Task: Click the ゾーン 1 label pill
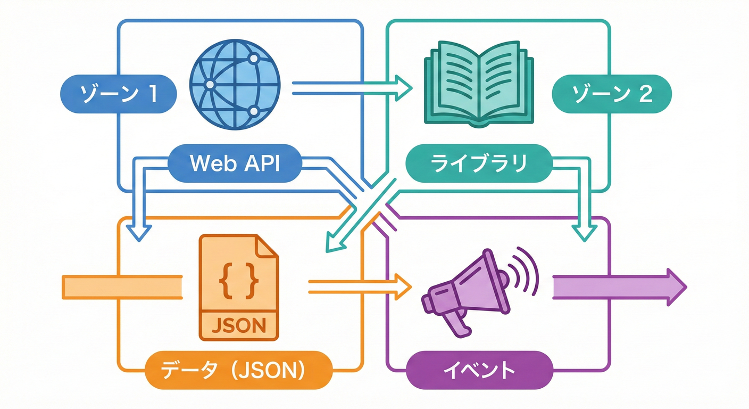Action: click(x=119, y=94)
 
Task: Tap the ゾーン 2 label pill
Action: click(x=611, y=94)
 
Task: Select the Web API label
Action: click(x=235, y=163)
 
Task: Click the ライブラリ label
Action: click(x=479, y=163)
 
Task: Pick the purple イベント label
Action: click(x=479, y=370)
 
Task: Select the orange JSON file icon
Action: click(x=239, y=288)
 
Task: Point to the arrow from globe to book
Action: click(x=351, y=88)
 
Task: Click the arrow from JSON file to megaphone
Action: click(x=359, y=288)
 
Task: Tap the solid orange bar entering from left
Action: click(x=122, y=288)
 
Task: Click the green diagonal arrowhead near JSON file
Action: click(x=334, y=242)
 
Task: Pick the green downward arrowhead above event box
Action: click(x=584, y=232)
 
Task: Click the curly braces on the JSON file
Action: click(x=239, y=280)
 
